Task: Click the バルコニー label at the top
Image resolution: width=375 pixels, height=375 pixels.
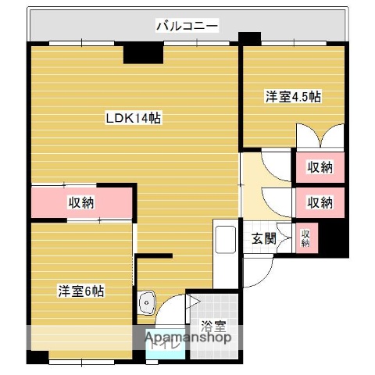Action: [187, 26]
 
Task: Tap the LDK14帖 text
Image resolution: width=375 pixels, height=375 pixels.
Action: [134, 119]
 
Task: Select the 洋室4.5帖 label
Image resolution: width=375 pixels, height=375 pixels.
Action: [293, 97]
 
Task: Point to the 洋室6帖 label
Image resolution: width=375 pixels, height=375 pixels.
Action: [80, 291]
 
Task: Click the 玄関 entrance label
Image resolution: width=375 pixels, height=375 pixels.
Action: [263, 239]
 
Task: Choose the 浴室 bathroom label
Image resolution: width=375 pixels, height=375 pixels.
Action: [212, 324]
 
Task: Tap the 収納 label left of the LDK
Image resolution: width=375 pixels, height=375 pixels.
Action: [81, 203]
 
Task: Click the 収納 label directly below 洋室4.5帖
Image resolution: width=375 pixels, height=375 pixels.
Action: [319, 166]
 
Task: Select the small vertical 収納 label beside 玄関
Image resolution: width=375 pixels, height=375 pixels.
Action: [305, 238]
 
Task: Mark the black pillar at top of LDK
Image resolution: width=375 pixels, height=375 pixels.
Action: [143, 52]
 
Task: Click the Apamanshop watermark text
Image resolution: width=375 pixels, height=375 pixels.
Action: [186, 338]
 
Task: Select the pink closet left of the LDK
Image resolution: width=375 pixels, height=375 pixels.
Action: [81, 204]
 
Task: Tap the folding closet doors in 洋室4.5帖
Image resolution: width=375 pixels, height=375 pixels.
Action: [320, 136]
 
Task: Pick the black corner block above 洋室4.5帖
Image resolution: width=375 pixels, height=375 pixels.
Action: [250, 38]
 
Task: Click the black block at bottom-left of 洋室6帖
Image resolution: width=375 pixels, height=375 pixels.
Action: [37, 356]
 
